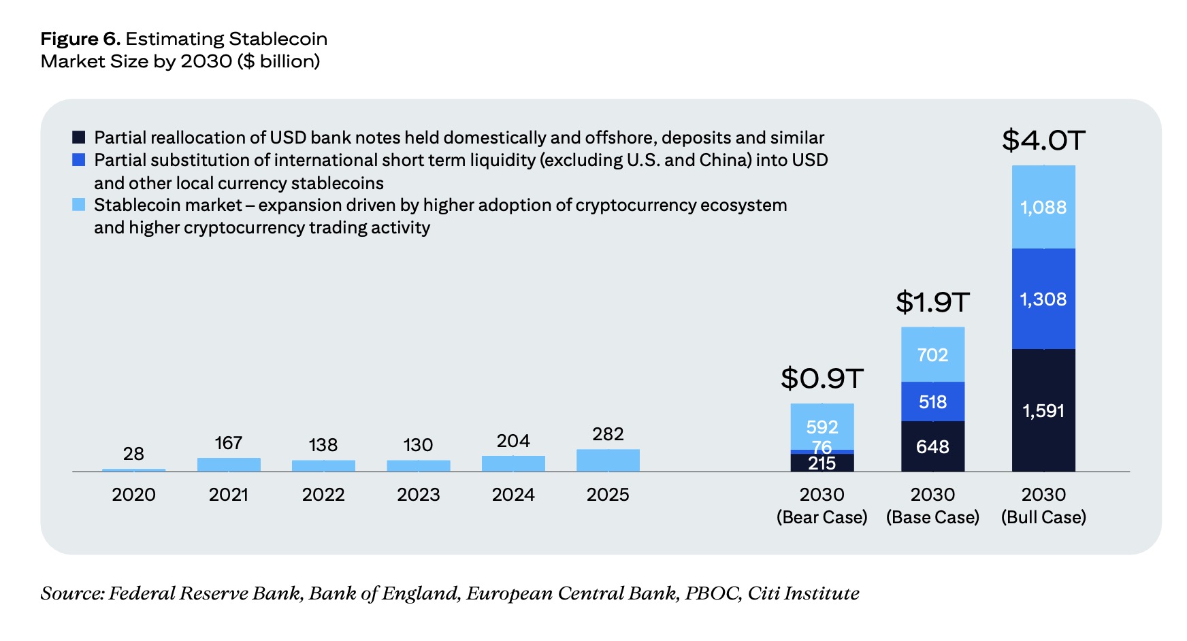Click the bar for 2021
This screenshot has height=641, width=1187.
(229, 465)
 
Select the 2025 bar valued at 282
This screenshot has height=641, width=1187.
(608, 461)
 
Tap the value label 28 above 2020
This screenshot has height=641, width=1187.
(133, 454)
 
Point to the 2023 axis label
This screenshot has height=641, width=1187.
(418, 495)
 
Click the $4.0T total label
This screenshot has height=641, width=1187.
(1043, 141)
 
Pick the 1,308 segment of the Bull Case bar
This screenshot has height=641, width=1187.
(1043, 299)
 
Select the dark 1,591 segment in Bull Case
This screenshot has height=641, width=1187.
(1043, 410)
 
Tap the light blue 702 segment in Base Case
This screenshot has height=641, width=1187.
(932, 355)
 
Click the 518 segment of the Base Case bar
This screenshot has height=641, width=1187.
(932, 401)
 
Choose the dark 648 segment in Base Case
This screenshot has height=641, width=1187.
(932, 446)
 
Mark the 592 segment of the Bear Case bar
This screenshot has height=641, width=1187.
(822, 427)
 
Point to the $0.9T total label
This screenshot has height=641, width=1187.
(822, 378)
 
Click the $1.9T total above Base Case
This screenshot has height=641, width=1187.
(932, 302)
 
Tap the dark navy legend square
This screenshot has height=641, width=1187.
(79, 137)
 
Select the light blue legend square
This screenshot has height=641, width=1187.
(79, 205)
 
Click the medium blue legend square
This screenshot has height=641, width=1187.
(79, 160)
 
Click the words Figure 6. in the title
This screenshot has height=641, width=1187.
(80, 39)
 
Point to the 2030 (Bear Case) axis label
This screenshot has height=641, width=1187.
(822, 506)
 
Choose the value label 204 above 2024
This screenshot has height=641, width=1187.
(513, 441)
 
